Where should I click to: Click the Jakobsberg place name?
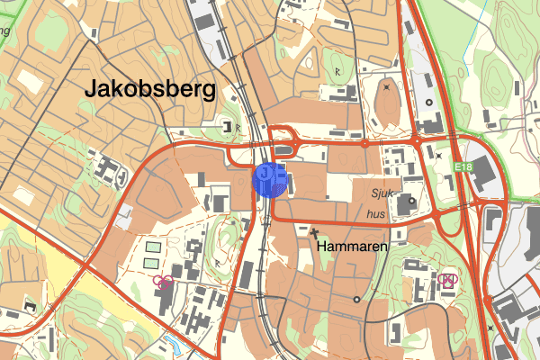(x=150, y=89)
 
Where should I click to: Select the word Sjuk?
(x=385, y=193)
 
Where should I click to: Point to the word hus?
(x=376, y=215)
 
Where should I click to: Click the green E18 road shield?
(x=463, y=167)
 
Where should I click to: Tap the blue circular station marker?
(x=271, y=179)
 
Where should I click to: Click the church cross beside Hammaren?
(x=316, y=232)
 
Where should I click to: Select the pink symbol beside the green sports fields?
(x=163, y=282)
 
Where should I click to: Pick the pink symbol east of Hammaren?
(x=446, y=280)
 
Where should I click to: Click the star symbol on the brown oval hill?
(x=386, y=87)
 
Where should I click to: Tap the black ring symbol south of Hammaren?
(x=356, y=299)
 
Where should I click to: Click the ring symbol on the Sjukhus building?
(x=412, y=202)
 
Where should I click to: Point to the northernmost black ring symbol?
(x=428, y=103)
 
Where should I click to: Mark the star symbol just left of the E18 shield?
(x=438, y=156)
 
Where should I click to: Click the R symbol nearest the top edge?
(x=337, y=70)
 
